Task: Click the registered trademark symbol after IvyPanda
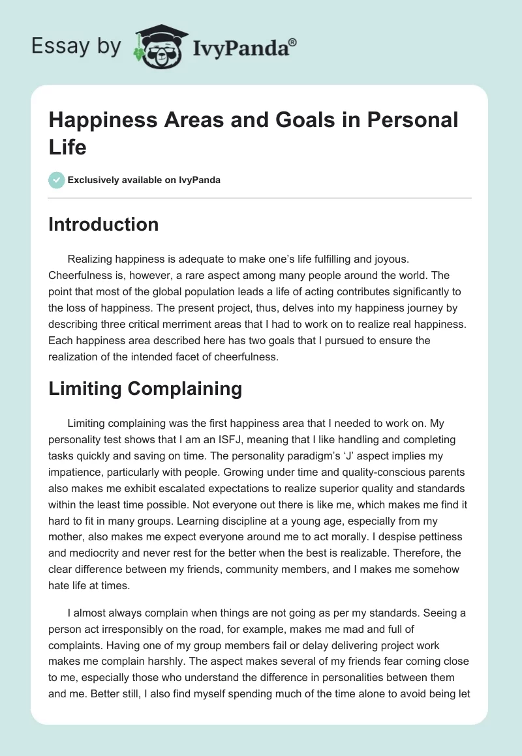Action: [293, 42]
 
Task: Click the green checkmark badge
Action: [57, 180]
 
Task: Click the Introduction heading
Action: [104, 224]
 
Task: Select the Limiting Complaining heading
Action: [146, 388]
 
